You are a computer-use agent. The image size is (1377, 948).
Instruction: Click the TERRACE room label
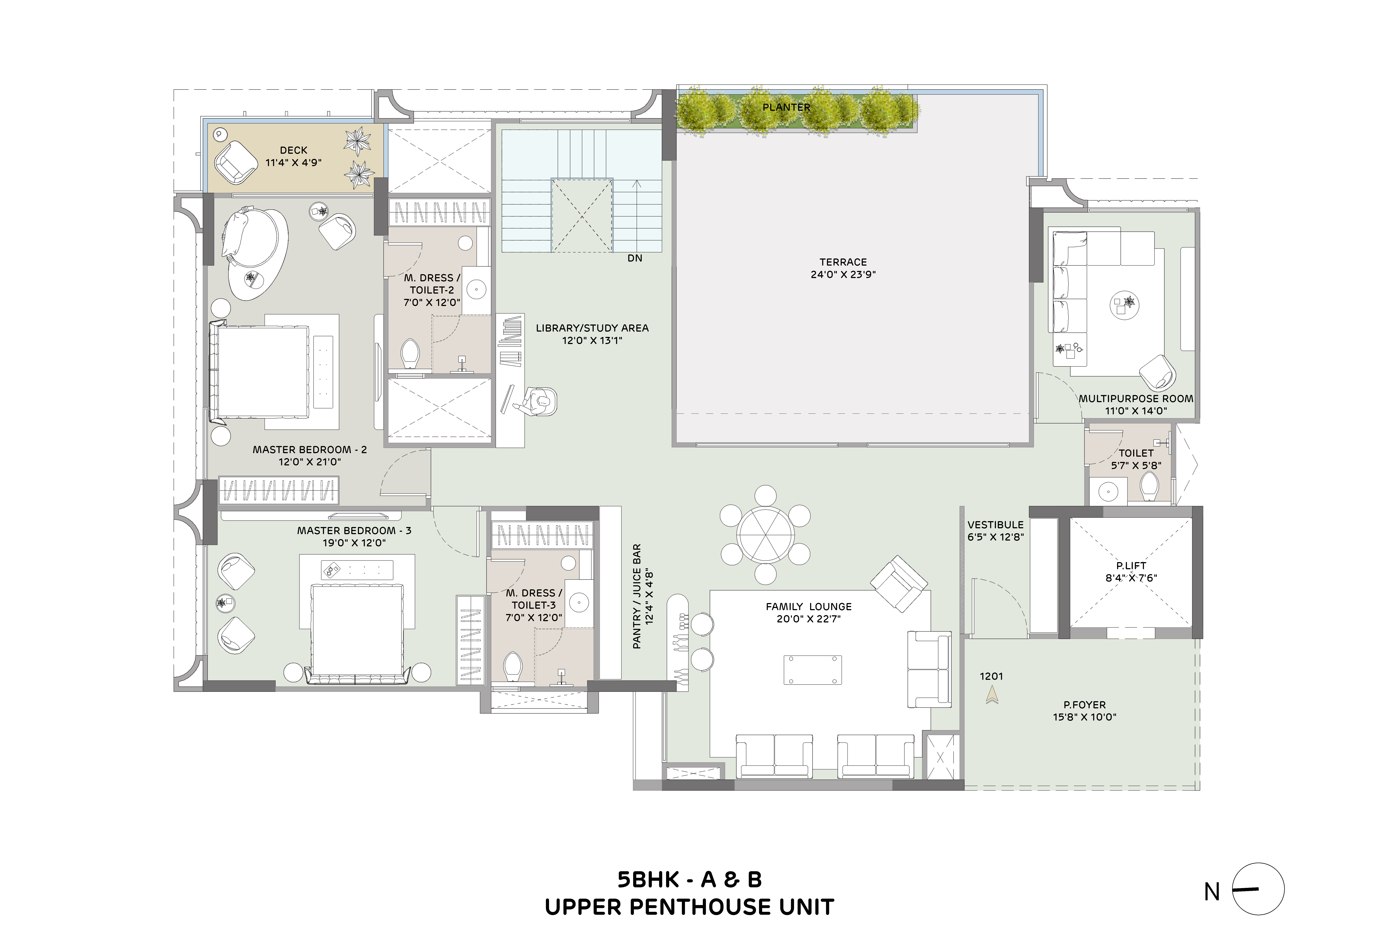point(843,262)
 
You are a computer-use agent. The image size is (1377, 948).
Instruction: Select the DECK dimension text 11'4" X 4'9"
point(294,162)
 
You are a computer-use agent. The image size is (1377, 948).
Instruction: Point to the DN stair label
point(635,258)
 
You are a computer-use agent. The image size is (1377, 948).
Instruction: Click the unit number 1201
point(991,676)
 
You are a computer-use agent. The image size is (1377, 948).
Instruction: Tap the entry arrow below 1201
point(991,695)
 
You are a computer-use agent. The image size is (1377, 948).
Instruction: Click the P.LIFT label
point(1131,565)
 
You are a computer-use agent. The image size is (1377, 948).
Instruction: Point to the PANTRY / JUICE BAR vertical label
point(642,596)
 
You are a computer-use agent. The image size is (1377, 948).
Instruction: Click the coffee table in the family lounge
point(812,670)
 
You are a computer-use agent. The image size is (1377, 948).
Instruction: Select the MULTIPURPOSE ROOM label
point(1136,399)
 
